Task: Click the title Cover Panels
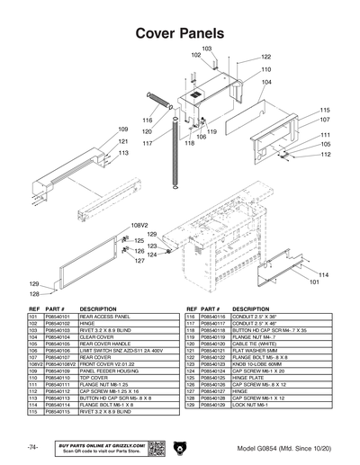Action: click(179, 33)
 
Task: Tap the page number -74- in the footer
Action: click(32, 447)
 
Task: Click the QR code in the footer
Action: click(155, 447)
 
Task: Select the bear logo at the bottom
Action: click(180, 447)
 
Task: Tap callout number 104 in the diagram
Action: click(266, 82)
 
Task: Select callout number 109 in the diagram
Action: click(123, 130)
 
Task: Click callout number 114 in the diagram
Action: click(324, 274)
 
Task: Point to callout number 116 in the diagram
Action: click(147, 120)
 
